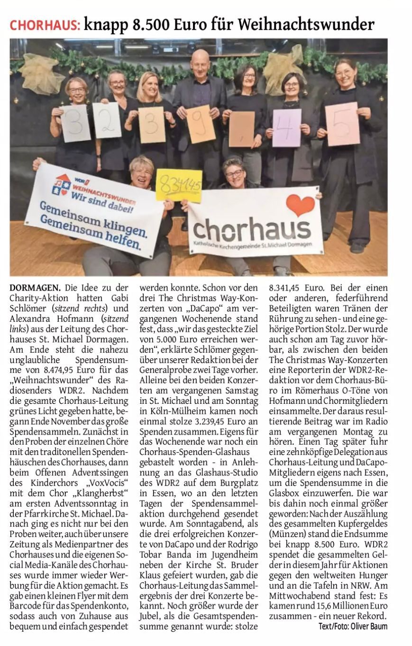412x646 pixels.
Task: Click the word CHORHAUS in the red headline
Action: point(45,24)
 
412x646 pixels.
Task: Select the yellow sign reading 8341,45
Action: point(179,184)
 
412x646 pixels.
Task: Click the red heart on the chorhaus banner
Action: point(300,205)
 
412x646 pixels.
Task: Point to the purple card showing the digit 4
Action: point(286,128)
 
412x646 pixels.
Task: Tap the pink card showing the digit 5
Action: point(342,124)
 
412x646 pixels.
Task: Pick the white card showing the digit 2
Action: point(107,120)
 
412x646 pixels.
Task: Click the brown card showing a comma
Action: point(241,129)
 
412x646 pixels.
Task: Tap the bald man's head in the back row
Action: point(201,61)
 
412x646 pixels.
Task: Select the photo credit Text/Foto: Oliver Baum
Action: point(353,626)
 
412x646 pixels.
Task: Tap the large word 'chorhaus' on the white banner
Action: point(252,229)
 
